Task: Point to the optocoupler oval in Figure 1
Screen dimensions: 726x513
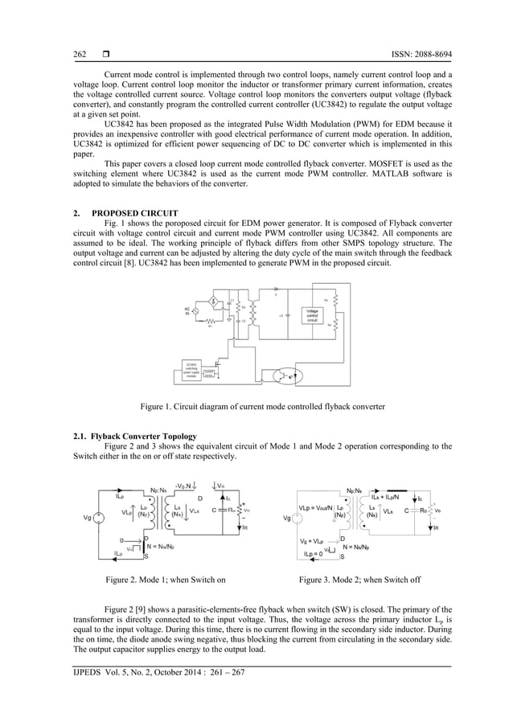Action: tap(284, 375)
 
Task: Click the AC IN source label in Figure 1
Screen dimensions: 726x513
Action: tap(187, 311)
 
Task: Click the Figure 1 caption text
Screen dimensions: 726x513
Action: tap(262, 407)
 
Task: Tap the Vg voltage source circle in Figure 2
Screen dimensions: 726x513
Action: tap(97, 517)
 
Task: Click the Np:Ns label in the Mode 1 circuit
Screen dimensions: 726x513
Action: tap(158, 490)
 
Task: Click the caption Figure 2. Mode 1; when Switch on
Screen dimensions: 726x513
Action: tap(160, 579)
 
